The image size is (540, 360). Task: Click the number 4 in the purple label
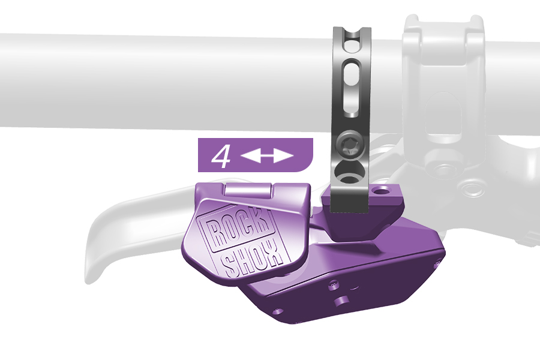click(221, 157)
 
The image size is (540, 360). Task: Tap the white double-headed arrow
click(266, 156)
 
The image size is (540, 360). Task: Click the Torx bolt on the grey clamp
click(348, 144)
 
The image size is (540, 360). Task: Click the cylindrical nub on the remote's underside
click(342, 301)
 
